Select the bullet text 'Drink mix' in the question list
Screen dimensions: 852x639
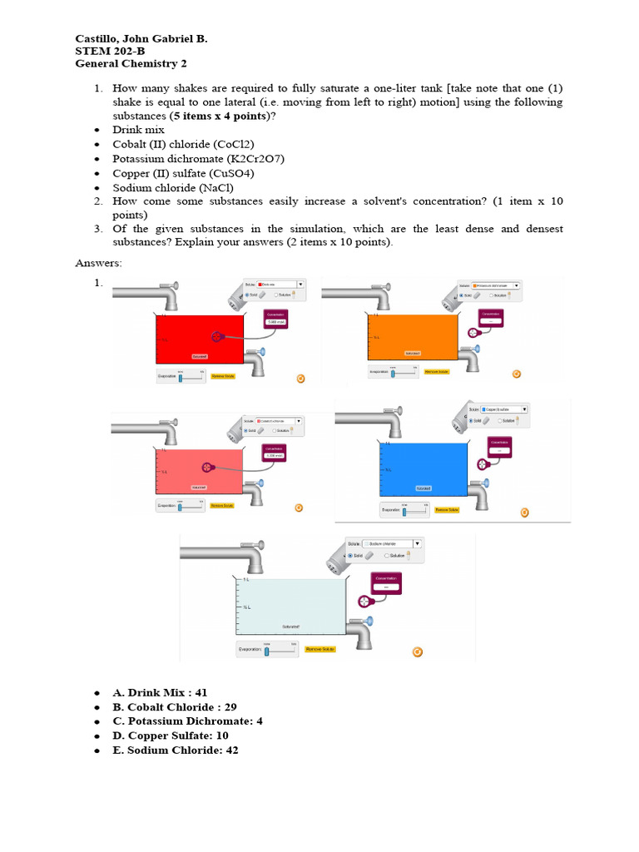(x=139, y=130)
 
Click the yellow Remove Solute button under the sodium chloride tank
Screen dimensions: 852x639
(x=319, y=649)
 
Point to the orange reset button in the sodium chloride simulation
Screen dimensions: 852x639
(x=418, y=652)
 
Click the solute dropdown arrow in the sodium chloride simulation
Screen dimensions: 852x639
(x=417, y=543)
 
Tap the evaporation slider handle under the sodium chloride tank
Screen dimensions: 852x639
(x=266, y=651)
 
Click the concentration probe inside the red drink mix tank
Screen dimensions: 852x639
(x=217, y=336)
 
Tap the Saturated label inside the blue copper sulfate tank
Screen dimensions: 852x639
(x=424, y=488)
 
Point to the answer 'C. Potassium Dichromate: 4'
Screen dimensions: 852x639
(x=195, y=721)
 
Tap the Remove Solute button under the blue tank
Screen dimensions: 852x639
(x=448, y=509)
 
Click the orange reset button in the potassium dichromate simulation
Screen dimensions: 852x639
(x=516, y=374)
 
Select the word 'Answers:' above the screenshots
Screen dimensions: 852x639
(x=98, y=263)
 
